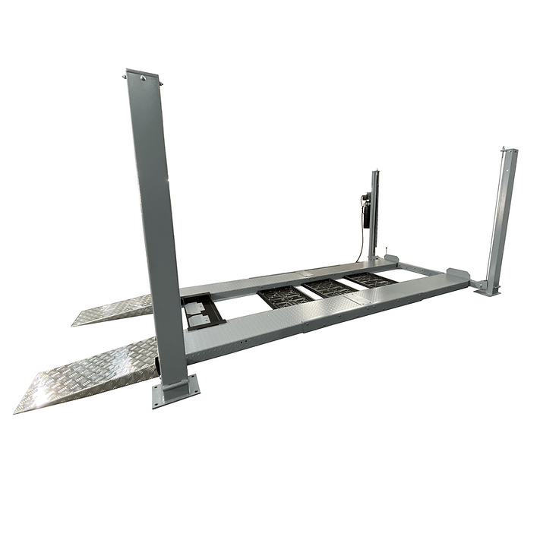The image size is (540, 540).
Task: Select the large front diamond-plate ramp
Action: coord(87,375)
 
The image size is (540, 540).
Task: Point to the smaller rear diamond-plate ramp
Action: coord(114,309)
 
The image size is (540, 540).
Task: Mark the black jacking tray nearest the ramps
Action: coord(284,296)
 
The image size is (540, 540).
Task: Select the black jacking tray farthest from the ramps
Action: coord(371,279)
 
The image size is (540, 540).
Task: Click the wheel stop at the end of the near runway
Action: coord(457,274)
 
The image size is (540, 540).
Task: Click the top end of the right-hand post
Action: coord(508,152)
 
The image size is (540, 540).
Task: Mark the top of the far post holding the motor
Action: coord(374,174)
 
